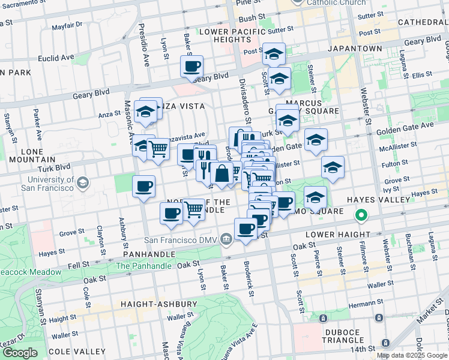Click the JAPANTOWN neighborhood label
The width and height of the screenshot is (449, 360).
click(x=355, y=48)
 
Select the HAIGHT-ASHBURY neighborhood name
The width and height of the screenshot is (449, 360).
click(x=159, y=304)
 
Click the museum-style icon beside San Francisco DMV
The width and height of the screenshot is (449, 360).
click(x=226, y=240)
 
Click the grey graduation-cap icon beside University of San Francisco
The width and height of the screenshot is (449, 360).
click(x=83, y=182)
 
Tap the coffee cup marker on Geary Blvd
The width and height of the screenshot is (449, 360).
click(x=192, y=67)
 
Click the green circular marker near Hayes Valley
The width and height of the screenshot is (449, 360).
click(x=361, y=214)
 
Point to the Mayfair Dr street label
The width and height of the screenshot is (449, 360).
click(x=67, y=27)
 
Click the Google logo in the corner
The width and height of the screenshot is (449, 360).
click(x=20, y=353)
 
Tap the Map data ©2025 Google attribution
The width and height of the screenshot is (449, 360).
click(x=412, y=355)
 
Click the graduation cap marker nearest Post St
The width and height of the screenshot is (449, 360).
click(x=274, y=55)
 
